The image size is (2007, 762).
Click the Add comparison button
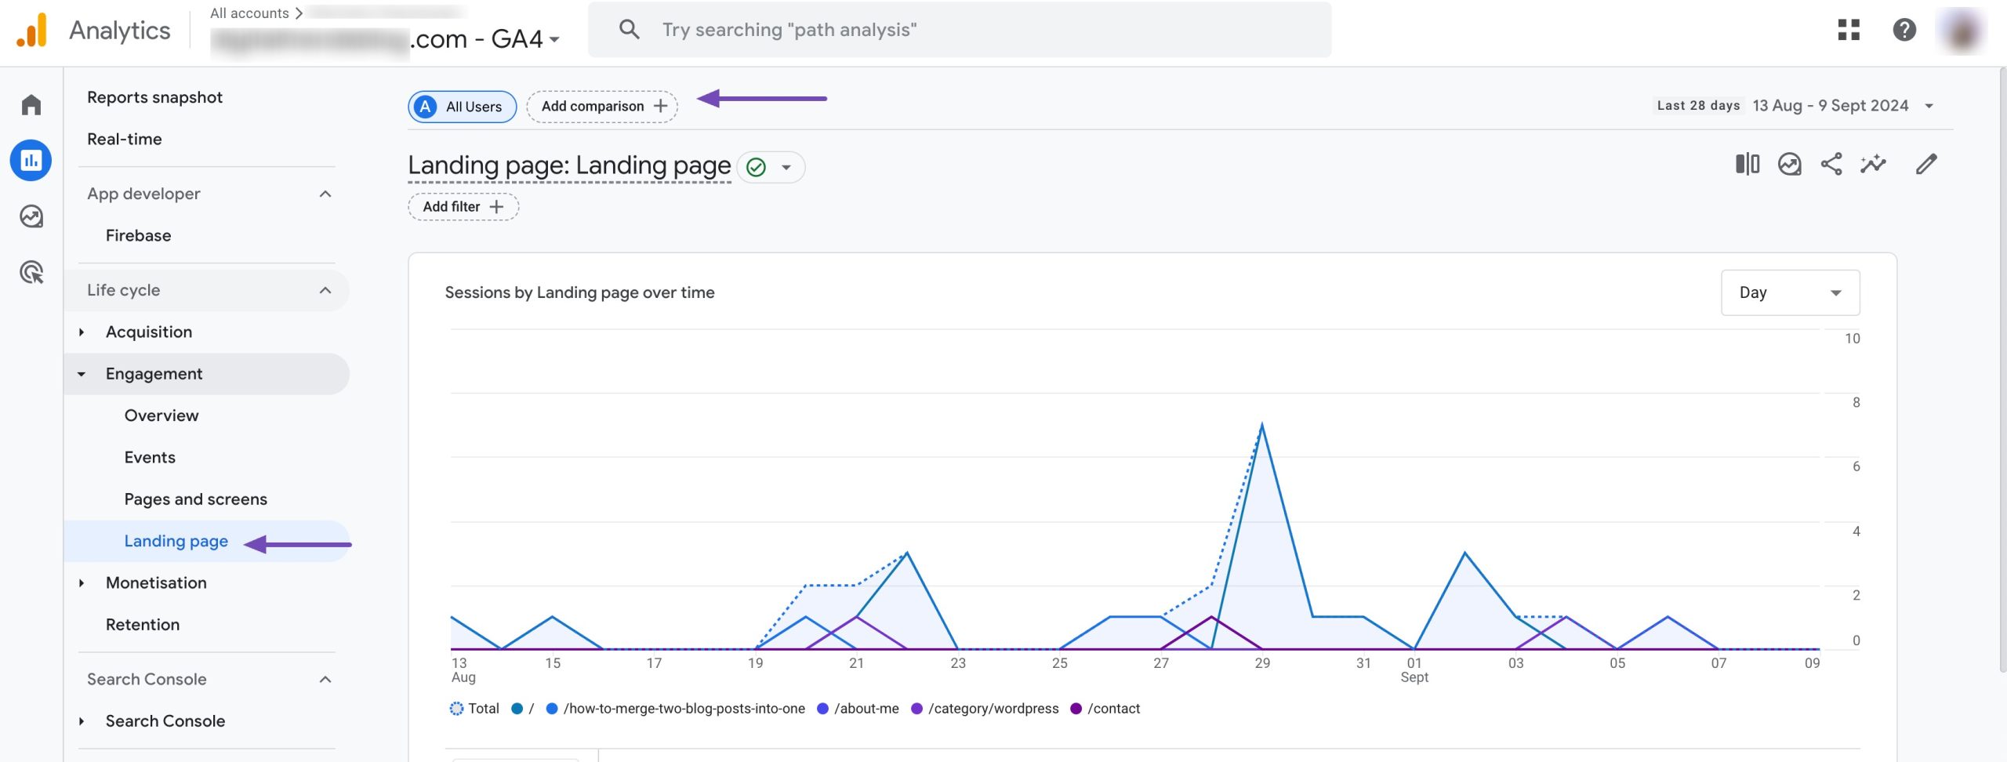pos(602,106)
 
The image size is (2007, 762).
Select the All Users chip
pos(462,107)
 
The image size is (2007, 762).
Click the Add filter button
pos(463,207)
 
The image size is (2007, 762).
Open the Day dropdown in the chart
pos(1789,292)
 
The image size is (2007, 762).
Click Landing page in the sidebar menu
pos(176,541)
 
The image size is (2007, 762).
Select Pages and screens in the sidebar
pos(195,499)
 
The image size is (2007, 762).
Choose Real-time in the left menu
pos(124,139)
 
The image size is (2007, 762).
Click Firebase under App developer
pos(138,235)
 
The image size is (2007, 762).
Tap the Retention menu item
pos(142,625)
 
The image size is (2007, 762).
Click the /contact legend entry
pos(1112,709)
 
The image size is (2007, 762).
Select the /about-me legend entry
pos(866,709)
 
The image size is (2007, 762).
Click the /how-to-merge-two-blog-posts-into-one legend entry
pos(683,709)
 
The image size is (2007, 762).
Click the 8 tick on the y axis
pos(1856,403)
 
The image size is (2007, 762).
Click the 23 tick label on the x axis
pos(957,663)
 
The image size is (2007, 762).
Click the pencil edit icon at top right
pos(1926,164)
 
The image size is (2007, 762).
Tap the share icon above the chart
pos(1831,164)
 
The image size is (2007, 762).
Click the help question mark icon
pos(1904,30)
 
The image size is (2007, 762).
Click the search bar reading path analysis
pos(959,30)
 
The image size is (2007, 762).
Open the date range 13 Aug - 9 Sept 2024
pos(1830,106)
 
